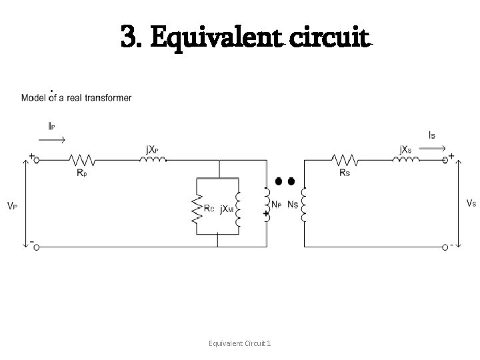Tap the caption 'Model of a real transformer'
point(77,98)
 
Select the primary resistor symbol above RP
point(82,160)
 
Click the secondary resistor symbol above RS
point(345,160)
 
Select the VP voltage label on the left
point(12,207)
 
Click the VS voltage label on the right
point(470,203)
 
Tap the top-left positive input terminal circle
point(37,160)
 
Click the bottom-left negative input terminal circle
point(37,246)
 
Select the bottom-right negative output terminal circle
point(445,246)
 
